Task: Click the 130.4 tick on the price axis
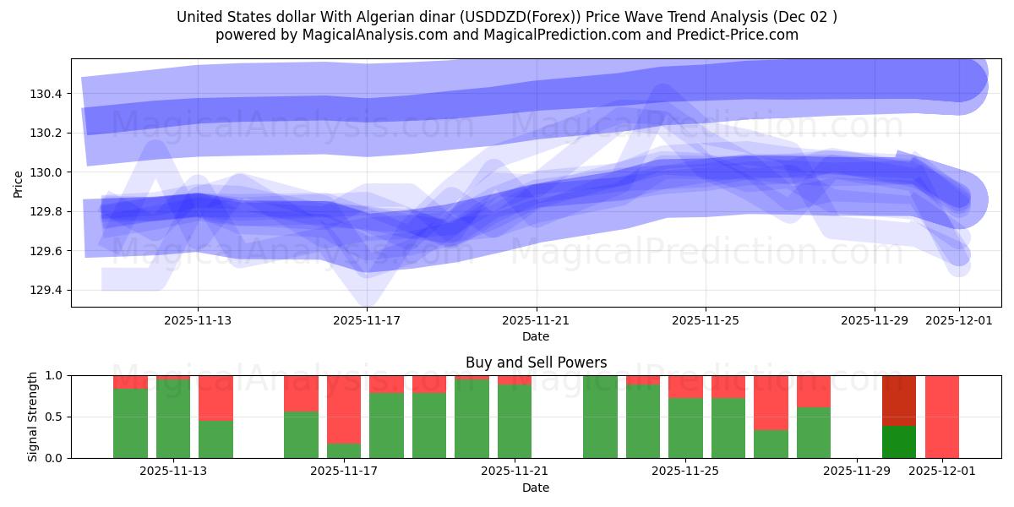point(51,94)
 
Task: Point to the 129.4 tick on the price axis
point(51,291)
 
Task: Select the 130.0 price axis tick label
point(51,172)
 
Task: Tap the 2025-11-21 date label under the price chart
point(536,320)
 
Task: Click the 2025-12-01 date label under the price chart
point(958,320)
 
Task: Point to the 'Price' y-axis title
point(19,183)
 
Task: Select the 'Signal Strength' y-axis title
point(32,416)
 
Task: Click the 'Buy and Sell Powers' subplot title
point(536,363)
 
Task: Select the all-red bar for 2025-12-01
point(942,416)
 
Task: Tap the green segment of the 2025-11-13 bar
point(173,419)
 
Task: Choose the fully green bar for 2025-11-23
point(600,416)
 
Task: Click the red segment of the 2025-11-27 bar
point(771,402)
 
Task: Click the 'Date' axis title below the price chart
point(536,336)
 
